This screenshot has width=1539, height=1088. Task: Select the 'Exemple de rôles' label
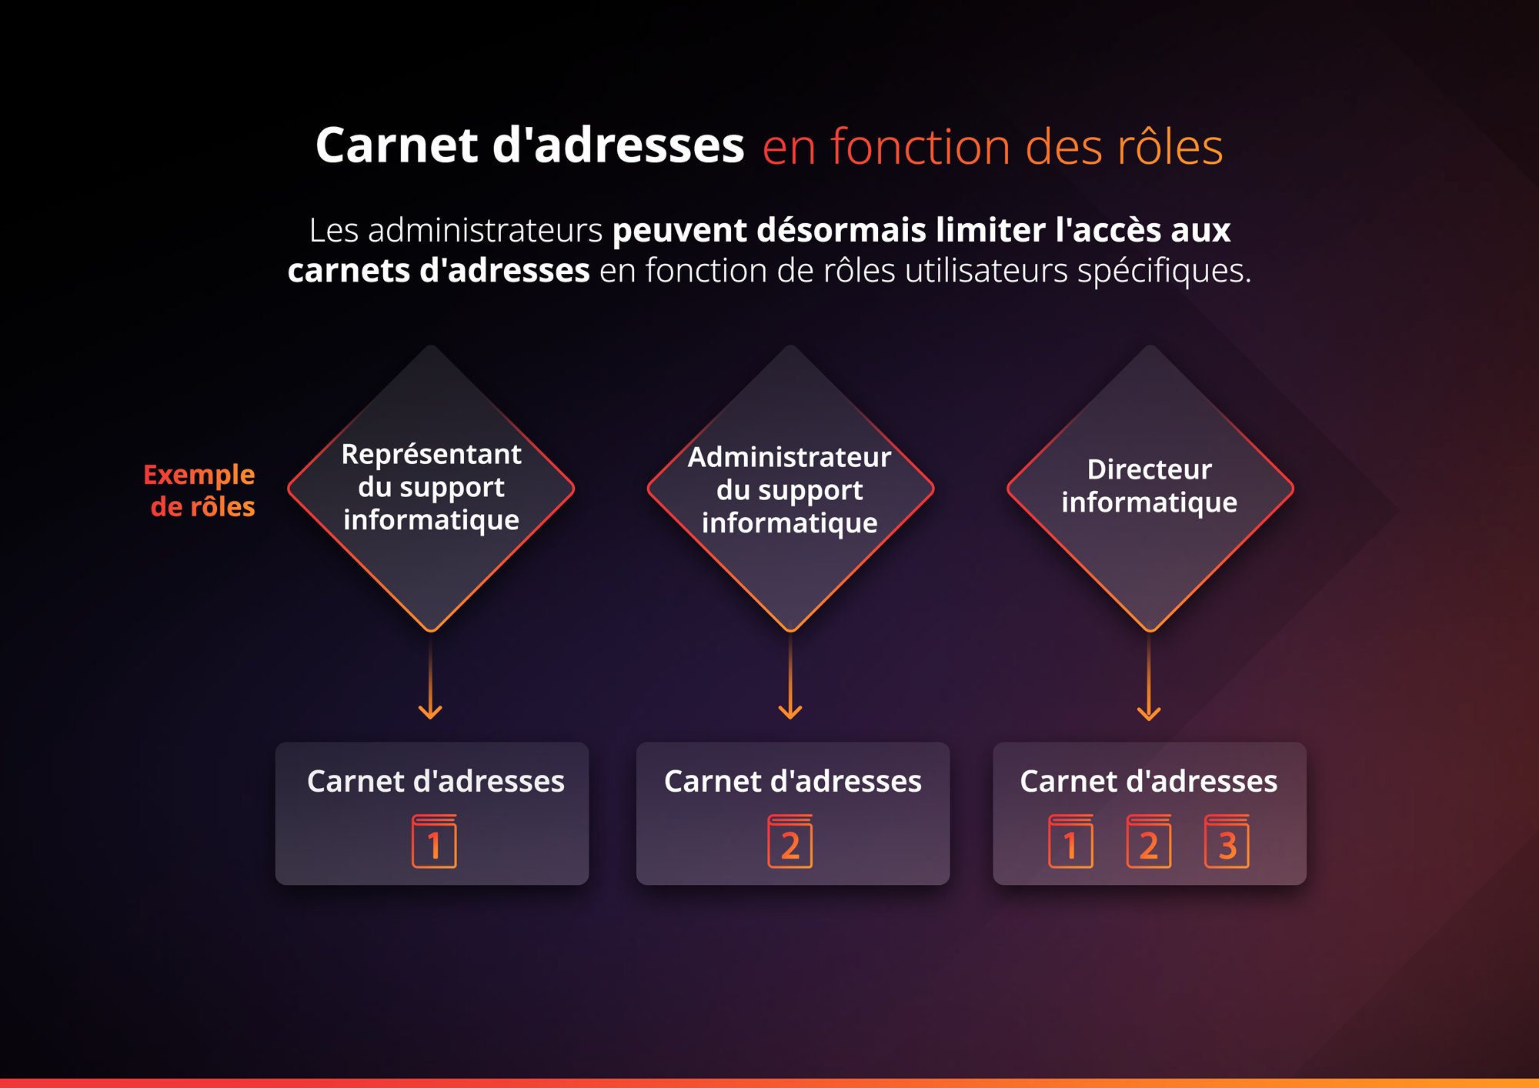pos(199,490)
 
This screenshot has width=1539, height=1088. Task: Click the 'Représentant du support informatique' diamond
pos(431,489)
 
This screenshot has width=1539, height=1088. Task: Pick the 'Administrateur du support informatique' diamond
pos(790,489)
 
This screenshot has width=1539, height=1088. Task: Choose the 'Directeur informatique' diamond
pos(1150,489)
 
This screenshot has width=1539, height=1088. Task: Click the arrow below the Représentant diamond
pos(430,676)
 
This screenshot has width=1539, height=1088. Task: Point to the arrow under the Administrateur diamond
pos(790,676)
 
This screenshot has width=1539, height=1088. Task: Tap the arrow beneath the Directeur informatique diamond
pos(1149,676)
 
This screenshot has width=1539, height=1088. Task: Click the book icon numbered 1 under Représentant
pos(434,841)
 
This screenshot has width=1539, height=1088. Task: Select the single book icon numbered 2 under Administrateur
pos(790,841)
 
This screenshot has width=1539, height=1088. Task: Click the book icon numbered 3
pos(1227,841)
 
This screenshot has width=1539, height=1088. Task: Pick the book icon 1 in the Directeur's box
pos(1070,841)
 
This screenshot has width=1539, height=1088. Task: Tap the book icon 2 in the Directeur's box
pos(1149,841)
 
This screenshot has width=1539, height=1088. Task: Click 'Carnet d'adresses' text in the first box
pos(436,781)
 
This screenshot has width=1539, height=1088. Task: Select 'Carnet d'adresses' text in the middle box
pos(793,781)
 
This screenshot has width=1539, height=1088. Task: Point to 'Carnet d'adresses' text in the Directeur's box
pos(1149,781)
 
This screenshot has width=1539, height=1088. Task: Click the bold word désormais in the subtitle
pos(842,230)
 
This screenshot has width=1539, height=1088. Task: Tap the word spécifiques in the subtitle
pos(1164,271)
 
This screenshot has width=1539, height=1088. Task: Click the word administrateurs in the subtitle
pos(485,230)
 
